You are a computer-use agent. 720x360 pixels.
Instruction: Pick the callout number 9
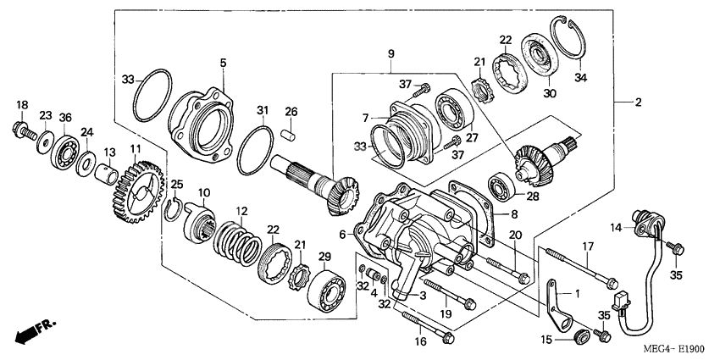[391, 55]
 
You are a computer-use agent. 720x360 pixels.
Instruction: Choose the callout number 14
[616, 226]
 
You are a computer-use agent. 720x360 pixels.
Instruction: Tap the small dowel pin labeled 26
[290, 132]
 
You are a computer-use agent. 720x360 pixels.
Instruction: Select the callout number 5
[224, 62]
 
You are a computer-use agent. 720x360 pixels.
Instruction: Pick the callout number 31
[263, 110]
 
